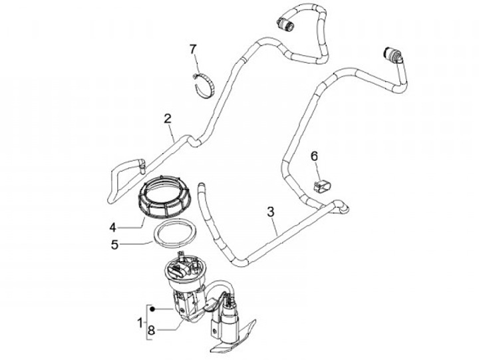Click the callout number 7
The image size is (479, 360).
193,49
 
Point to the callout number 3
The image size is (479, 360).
270,212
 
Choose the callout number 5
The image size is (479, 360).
114,244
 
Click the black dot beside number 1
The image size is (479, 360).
152,309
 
